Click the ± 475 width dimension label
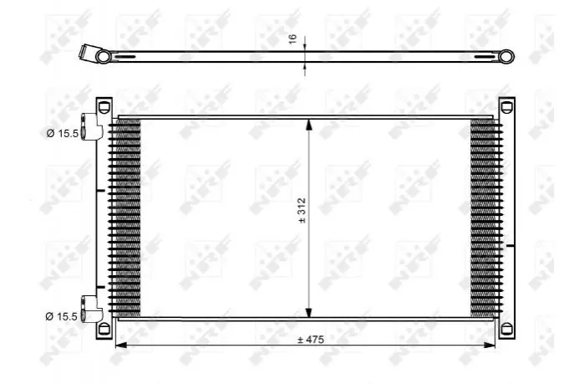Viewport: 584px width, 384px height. (311, 340)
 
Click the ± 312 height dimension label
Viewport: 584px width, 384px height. (302, 211)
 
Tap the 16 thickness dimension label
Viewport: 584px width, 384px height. (293, 38)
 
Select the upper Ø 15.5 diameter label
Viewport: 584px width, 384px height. (63, 133)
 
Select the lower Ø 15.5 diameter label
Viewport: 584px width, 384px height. (62, 316)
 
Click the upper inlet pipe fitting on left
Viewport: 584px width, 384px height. (90, 126)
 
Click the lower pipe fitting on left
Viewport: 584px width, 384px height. (90, 309)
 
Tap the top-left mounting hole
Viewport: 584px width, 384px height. (104, 106)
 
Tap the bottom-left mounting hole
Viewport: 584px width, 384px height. (104, 329)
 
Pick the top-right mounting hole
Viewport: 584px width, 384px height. (505, 107)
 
